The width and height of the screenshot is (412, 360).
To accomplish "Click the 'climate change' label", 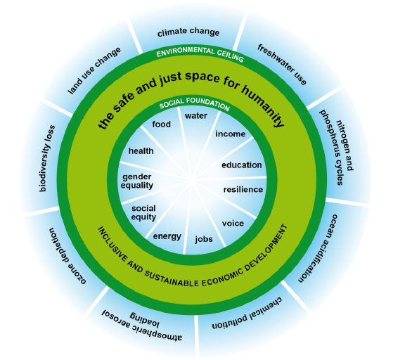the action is coord(188,32).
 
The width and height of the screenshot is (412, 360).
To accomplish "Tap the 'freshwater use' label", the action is coord(282,65).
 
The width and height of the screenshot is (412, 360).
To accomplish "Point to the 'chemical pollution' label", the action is coord(247,314).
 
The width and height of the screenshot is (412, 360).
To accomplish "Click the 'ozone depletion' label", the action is coord(67,255).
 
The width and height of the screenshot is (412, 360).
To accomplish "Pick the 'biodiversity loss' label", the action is coord(47,158).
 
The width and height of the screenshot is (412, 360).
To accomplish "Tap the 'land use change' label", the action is coord(94,70).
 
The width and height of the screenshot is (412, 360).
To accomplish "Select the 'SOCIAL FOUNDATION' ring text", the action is coord(195,103).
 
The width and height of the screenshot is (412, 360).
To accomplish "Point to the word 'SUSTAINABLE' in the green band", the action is coord(172,278).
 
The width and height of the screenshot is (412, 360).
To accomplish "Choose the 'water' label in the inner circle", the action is coord(195,115).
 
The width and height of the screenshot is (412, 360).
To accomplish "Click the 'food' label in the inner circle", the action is coord(161,124).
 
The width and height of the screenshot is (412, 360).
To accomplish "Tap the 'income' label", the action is coord(231,134).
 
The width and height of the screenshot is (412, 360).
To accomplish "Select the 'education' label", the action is coord(241,165).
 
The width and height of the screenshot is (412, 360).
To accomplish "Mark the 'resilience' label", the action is coord(243,189).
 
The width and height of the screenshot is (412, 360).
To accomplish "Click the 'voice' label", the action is coord(233,224).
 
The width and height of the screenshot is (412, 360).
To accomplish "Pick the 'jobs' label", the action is coord(204,239).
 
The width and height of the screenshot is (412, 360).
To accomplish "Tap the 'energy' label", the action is coord(167,236).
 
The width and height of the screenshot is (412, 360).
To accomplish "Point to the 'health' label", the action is coord(141,151).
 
